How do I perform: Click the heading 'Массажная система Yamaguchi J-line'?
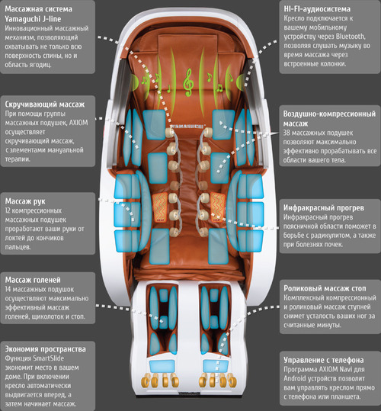[38, 14]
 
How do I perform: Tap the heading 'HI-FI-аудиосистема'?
[317, 9]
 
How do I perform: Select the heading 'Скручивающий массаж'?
[45, 104]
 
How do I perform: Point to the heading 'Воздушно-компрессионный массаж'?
[329, 118]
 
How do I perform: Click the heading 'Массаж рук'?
[25, 201]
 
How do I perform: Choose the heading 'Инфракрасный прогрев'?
[324, 208]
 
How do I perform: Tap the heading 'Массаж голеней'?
[33, 280]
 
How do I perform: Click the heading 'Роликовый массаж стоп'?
[325, 288]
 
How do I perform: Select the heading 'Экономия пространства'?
[45, 349]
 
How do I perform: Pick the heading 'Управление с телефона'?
[324, 360]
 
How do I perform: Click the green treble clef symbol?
[188, 82]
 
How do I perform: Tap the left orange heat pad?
[160, 207]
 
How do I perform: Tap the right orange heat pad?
[218, 207]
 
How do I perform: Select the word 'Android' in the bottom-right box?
[295, 378]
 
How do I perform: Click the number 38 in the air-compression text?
[287, 133]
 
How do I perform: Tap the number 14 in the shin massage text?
[8, 290]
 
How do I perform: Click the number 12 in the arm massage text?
[8, 210]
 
